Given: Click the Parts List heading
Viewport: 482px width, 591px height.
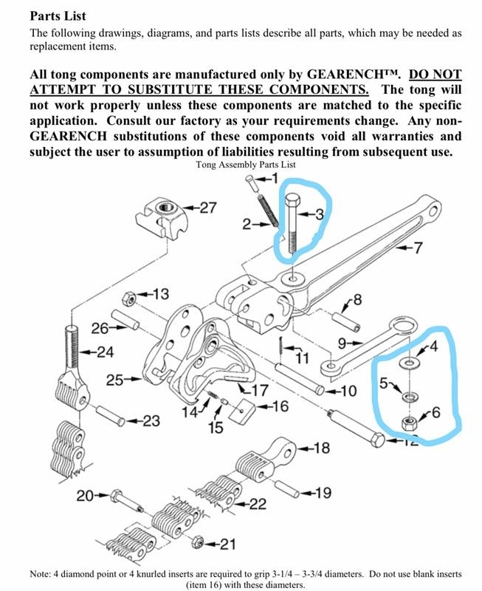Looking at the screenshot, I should (x=58, y=16).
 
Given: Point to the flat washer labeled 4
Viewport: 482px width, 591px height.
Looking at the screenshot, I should (x=408, y=363).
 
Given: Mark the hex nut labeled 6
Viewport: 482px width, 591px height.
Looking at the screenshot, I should (x=407, y=424).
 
